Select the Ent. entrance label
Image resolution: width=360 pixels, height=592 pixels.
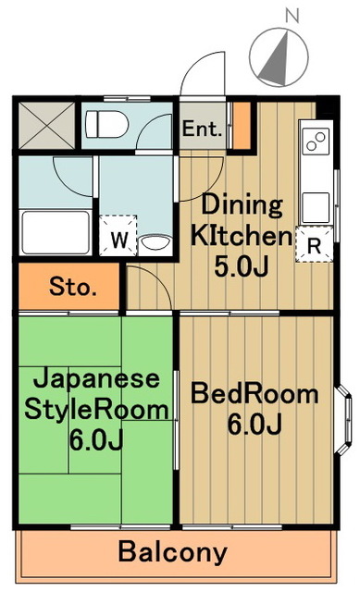click(x=203, y=129)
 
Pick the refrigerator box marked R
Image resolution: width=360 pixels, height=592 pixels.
click(x=313, y=245)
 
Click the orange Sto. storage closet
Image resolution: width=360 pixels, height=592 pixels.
click(x=68, y=287)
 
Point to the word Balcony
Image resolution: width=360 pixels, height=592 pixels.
click(x=172, y=552)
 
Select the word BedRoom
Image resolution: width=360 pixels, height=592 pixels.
click(x=254, y=394)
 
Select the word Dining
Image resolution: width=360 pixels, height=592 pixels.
click(x=242, y=204)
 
